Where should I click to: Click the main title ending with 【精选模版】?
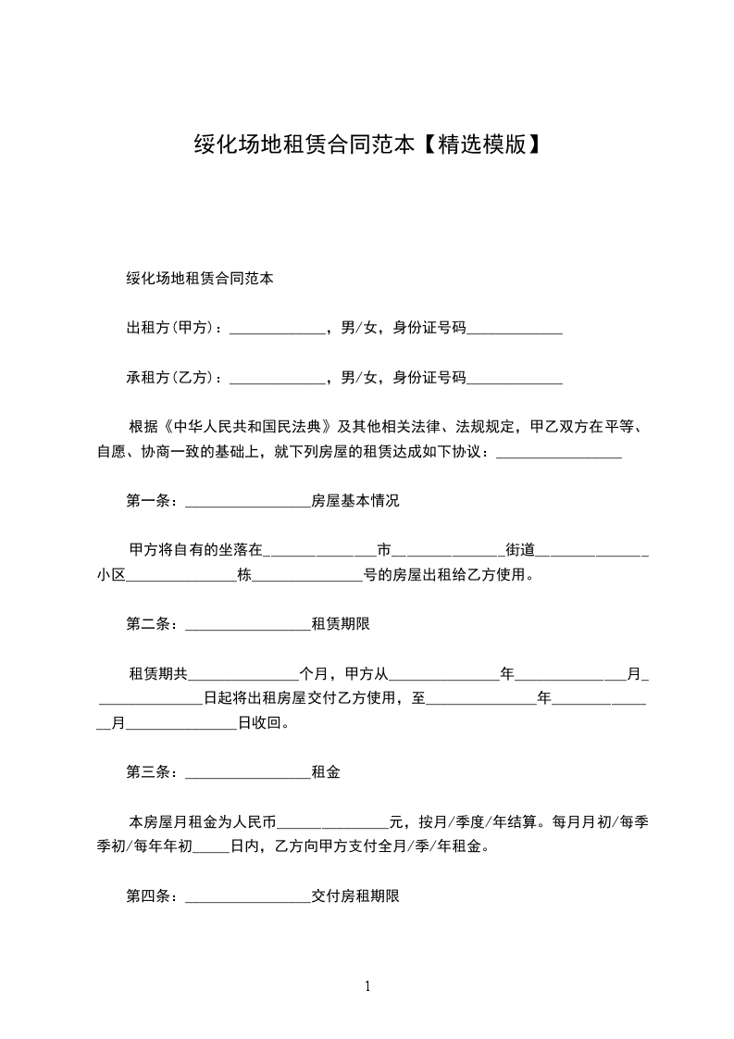click(x=367, y=144)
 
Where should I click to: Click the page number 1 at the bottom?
click(x=367, y=986)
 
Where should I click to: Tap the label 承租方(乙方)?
click(x=170, y=377)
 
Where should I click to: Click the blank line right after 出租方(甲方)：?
click(x=277, y=329)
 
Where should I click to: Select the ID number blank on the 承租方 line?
click(x=515, y=379)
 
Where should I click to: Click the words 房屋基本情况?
click(x=355, y=502)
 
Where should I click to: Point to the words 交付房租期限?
click(x=355, y=896)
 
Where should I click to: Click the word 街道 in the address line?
click(x=520, y=550)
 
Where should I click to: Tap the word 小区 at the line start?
click(x=110, y=575)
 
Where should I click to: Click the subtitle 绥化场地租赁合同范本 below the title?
click(x=199, y=278)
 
